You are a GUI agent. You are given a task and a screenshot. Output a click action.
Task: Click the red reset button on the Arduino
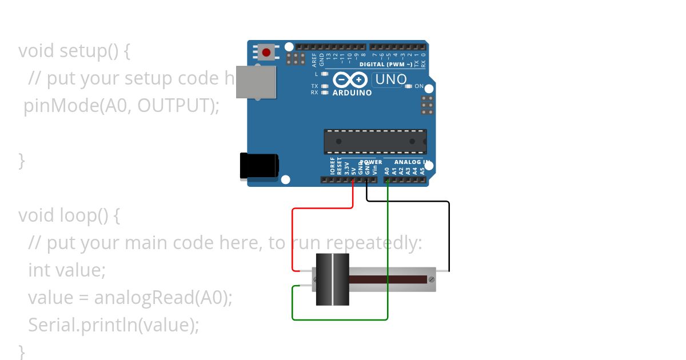click(266, 53)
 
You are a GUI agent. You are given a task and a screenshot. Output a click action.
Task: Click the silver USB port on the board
click(256, 81)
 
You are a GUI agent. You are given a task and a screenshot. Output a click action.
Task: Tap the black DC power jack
click(258, 166)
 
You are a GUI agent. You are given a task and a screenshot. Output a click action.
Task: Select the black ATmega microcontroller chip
click(375, 141)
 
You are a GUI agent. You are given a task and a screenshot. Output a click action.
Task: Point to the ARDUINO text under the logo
click(352, 93)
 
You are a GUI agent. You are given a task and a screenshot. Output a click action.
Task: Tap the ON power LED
click(408, 86)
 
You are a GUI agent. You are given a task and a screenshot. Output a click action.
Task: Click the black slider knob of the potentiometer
click(333, 279)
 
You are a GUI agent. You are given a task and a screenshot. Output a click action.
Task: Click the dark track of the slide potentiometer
click(389, 279)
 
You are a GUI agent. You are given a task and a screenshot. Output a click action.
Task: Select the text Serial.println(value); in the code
click(114, 325)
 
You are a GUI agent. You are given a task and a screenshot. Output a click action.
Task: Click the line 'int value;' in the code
click(67, 270)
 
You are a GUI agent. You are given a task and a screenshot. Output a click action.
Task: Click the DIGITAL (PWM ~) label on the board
click(386, 65)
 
